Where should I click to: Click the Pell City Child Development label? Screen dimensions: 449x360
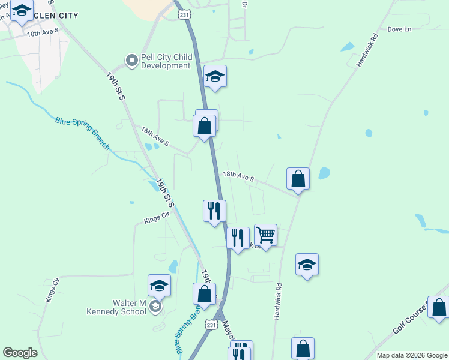[166, 61]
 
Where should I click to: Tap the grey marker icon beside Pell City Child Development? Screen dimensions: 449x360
[131, 61]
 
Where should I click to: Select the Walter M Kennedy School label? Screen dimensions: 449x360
[116, 307]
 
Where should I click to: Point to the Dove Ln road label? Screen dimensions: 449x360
[399, 29]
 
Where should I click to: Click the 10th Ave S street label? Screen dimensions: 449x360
[43, 30]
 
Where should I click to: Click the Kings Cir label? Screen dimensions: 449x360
[155, 220]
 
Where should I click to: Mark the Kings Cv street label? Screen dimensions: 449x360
[53, 290]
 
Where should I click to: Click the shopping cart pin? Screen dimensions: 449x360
[265, 235]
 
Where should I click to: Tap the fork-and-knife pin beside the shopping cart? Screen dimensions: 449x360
[238, 238]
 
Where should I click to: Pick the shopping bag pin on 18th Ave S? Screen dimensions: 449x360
[298, 179]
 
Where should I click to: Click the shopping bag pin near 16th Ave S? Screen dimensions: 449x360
[205, 126]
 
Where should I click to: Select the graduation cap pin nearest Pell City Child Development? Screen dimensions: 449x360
[215, 76]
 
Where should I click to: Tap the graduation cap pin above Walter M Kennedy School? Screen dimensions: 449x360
[159, 286]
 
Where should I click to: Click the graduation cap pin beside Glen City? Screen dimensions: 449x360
[22, 11]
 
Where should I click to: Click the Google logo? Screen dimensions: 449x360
[20, 353]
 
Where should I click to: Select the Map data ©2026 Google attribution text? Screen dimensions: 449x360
[411, 355]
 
